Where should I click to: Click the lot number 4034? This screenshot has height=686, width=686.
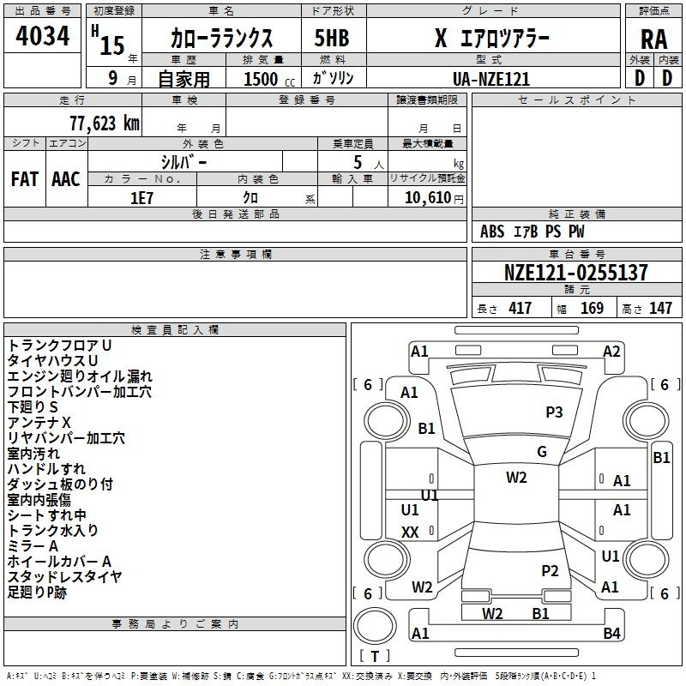(42, 36)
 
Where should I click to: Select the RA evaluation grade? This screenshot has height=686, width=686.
(653, 39)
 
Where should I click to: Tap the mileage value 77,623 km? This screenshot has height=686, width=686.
(105, 123)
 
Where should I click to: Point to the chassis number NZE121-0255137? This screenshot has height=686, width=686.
(575, 272)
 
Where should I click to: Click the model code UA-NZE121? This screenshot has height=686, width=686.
(491, 79)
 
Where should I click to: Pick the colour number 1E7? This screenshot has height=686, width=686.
(141, 198)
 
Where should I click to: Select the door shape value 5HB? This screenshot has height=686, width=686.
(332, 38)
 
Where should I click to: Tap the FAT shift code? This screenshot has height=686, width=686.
(25, 179)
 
